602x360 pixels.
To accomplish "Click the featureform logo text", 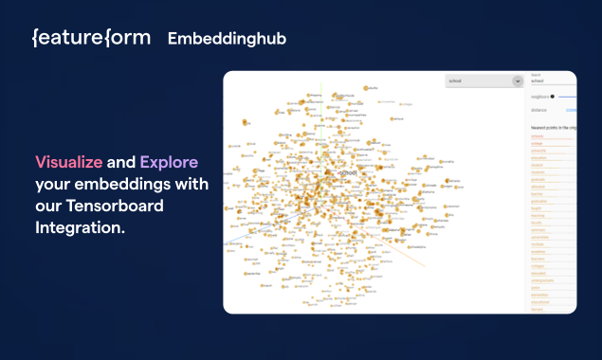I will [90, 38].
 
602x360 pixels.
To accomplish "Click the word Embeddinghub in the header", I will [227, 39].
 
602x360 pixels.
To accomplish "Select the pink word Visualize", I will [69, 162].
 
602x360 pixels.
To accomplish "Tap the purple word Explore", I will [169, 162].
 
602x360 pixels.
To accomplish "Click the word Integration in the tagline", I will [81, 227].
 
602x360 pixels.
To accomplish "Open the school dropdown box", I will [480, 81].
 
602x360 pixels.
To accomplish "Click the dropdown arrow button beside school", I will [518, 81].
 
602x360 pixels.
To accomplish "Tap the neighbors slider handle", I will [554, 96].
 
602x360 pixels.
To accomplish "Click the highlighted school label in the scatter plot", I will [348, 172].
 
